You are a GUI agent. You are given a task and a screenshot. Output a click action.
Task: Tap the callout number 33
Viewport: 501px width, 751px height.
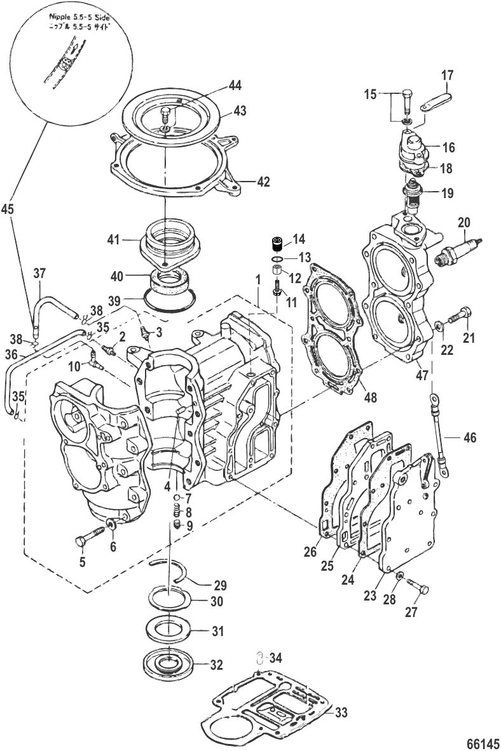tap(341, 713)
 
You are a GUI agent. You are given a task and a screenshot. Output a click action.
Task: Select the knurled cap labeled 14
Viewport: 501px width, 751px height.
tap(277, 244)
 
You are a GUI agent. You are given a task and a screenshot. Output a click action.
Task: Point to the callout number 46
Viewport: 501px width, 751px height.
tap(469, 437)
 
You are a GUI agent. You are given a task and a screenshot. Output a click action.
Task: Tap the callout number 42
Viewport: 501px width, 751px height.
tap(263, 182)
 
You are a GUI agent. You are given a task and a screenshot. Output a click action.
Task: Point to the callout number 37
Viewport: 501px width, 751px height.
tap(39, 274)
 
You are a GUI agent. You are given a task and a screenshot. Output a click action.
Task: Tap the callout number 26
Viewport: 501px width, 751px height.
tap(310, 552)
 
